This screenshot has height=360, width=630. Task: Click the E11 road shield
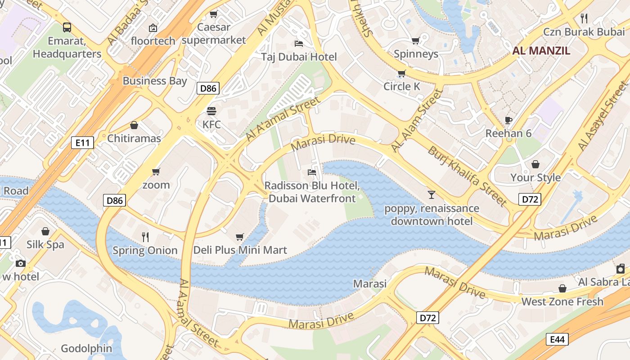tap(83, 143)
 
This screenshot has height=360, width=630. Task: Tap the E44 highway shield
tap(557, 339)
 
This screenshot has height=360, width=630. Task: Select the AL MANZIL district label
tap(541, 50)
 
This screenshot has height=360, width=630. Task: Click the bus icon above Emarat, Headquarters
tap(67, 27)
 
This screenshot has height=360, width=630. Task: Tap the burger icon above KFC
tap(211, 111)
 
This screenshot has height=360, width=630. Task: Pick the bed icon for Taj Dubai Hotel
tap(299, 43)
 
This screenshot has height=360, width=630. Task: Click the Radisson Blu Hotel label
tap(312, 192)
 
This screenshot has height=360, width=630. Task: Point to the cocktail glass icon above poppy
tap(432, 194)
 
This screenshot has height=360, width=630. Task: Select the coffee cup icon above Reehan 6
tap(508, 120)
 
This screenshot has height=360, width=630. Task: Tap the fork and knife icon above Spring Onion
tap(145, 237)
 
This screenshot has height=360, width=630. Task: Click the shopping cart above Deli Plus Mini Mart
tap(240, 236)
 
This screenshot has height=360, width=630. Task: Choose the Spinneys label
tap(416, 54)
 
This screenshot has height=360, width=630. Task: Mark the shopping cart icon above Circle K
tap(401, 73)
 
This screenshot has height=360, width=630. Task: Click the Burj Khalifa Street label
tap(467, 176)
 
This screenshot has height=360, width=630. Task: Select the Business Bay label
tap(154, 81)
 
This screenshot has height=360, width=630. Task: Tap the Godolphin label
tap(86, 348)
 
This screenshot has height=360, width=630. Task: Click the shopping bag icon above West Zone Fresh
tap(562, 288)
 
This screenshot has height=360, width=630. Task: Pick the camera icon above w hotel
tap(20, 263)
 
